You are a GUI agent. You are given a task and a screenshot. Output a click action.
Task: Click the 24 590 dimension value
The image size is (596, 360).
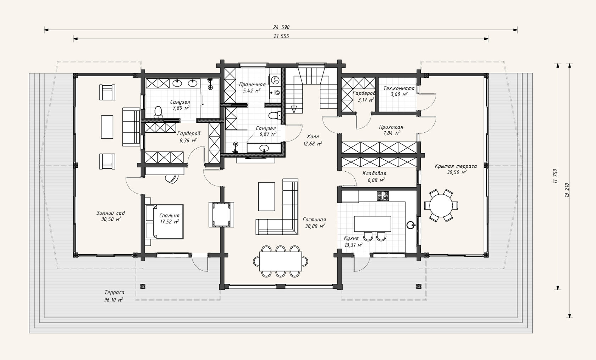tap(281, 27)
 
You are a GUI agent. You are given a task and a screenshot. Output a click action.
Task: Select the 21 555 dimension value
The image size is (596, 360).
tap(281, 36)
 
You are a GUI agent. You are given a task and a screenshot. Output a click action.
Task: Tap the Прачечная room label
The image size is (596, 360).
tap(252, 85)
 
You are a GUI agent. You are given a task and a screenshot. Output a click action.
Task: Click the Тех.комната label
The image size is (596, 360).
tap(399, 88)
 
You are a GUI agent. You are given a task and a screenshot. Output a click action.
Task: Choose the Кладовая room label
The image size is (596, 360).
tap(374, 173)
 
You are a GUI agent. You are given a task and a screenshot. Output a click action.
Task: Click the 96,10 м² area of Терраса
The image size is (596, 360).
tap(114, 300)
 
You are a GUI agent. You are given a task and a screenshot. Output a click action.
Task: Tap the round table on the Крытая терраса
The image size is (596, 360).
tap(441, 205)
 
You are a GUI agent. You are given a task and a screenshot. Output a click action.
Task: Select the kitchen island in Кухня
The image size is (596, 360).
tap(372, 224)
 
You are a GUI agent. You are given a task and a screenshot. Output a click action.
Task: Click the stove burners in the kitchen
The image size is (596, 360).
tap(383, 196)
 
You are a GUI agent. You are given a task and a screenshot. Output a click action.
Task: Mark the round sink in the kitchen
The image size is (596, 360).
tap(410, 225)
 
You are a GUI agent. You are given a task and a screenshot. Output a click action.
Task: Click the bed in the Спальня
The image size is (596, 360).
tap(165, 222)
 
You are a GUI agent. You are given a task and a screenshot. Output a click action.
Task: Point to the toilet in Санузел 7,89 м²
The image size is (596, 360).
tap(158, 112)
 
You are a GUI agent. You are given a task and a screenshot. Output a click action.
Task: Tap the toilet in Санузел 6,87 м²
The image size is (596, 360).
tap(274, 116)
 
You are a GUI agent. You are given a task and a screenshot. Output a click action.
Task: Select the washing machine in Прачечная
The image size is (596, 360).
tap(275, 80)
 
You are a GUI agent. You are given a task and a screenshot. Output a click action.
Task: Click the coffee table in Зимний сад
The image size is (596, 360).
tap(107, 127)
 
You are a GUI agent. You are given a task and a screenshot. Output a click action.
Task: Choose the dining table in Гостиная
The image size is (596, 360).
tap(280, 261)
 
